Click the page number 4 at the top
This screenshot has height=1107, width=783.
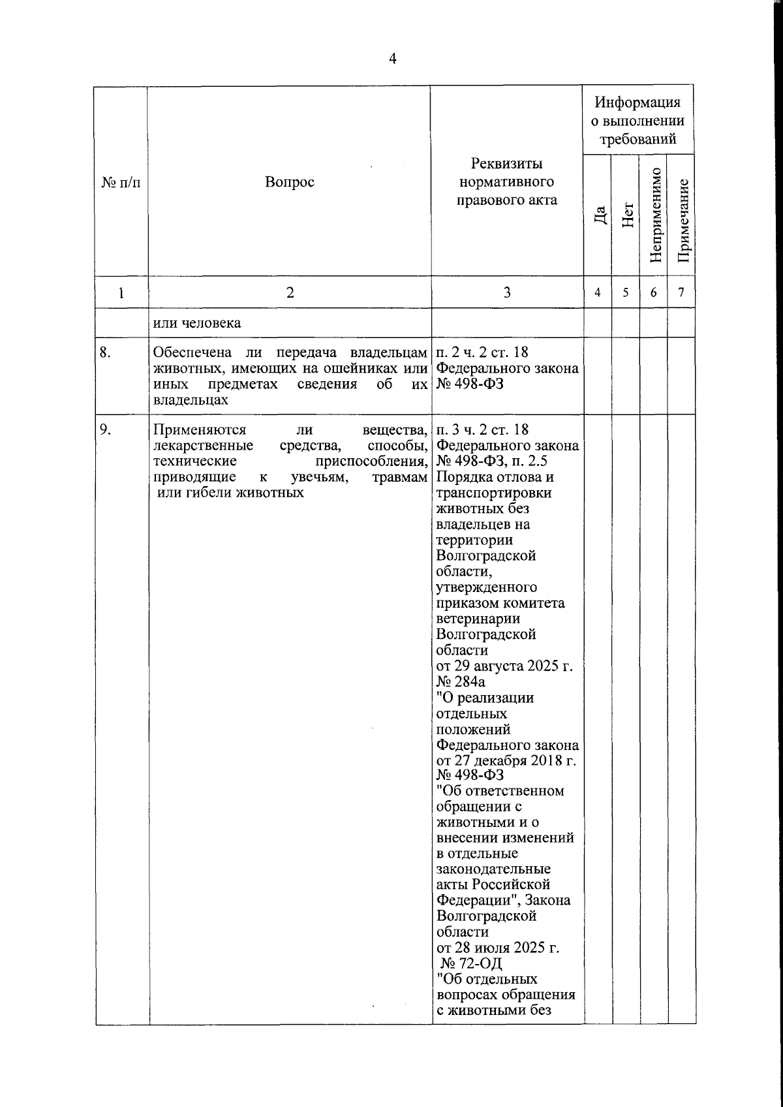click(x=392, y=59)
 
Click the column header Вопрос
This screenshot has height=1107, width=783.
click(x=289, y=182)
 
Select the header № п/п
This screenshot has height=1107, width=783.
click(x=121, y=183)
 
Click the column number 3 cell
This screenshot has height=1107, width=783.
click(x=507, y=292)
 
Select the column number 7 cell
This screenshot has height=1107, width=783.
click(x=681, y=293)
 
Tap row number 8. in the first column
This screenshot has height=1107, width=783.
click(x=106, y=353)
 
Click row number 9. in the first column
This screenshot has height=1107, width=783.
click(x=105, y=429)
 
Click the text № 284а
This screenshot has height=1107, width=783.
click(x=461, y=682)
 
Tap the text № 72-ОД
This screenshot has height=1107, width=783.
click(x=471, y=963)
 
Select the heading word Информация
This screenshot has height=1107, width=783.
click(x=637, y=102)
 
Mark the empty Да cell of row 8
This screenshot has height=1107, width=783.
click(x=598, y=376)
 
